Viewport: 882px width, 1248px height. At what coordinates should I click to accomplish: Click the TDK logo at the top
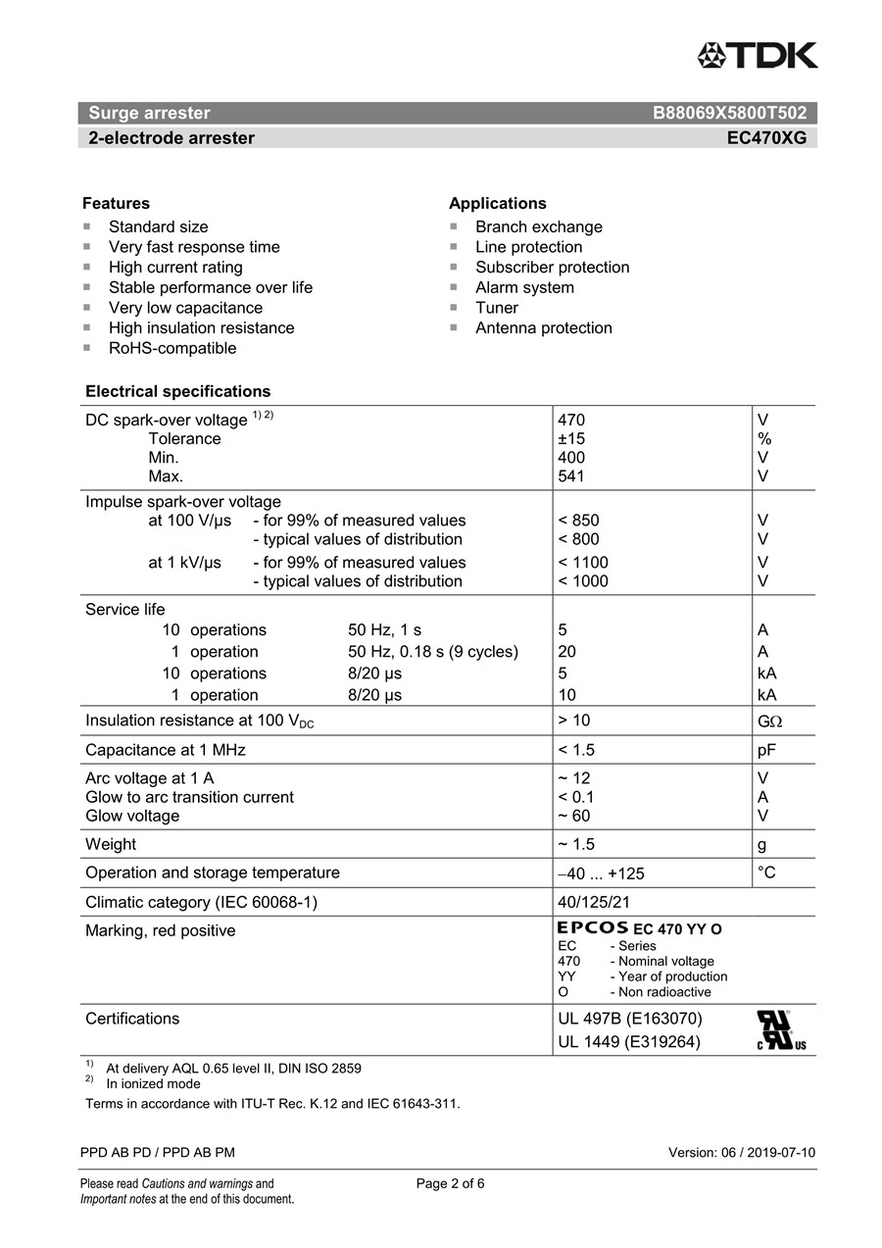pos(757,55)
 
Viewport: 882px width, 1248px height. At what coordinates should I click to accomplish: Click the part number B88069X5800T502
pos(729,113)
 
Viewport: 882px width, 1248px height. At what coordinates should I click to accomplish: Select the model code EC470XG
pos(766,138)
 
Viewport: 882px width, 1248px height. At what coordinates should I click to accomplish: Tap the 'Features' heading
pos(116,204)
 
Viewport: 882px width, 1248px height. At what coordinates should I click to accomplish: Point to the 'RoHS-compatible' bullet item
pos(172,348)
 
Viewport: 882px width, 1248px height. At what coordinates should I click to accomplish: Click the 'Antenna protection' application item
pos(543,327)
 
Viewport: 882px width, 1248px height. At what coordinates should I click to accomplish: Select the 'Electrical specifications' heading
pos(177,391)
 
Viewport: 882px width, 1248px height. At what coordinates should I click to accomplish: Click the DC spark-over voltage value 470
pos(571,421)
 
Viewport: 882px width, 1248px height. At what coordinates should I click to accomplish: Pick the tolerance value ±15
pos(571,439)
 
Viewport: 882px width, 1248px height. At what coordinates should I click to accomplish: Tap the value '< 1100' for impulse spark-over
pos(583,563)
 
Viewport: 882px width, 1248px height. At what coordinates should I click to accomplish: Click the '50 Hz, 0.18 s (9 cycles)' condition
pos(433,652)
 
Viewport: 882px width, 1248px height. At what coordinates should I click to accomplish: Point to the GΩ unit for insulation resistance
pos(770,722)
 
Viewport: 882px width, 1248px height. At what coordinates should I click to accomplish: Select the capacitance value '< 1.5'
pos(576,750)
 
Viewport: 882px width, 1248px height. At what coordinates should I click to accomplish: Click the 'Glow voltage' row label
pos(132,816)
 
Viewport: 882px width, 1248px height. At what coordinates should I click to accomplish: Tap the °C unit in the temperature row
pos(766,873)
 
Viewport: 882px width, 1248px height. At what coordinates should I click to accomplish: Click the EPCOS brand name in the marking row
pos(592,927)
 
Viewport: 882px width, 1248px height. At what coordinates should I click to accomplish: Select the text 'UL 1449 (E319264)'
pos(629,1042)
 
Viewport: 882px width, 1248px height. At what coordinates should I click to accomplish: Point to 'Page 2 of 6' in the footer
pos(450,1183)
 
